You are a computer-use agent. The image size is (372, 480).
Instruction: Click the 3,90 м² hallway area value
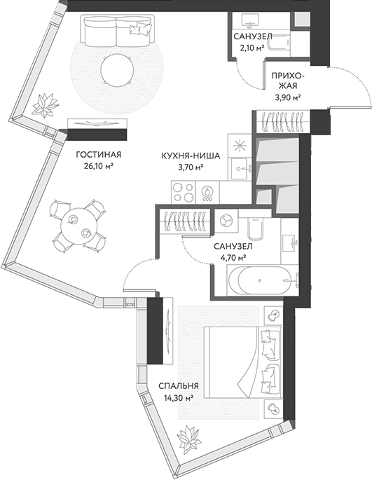pyautogui.click(x=287, y=97)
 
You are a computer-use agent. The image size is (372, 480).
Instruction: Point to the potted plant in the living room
pyautogui.click(x=48, y=105)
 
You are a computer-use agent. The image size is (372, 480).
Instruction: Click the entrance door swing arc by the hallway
pyautogui.click(x=350, y=88)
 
